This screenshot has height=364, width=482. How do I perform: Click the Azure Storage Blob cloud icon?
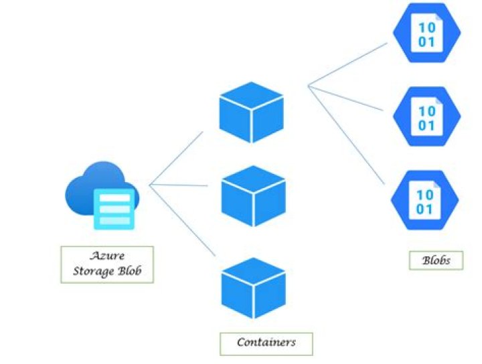coord(100,194)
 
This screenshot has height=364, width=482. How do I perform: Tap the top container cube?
coord(252,112)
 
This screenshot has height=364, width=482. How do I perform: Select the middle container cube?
coord(254,195)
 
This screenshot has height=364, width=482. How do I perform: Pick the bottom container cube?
coord(254,287)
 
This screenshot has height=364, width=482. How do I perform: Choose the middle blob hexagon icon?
coord(426,118)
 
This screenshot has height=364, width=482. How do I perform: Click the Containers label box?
coord(266,343)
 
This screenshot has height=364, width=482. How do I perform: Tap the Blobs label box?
coord(435,260)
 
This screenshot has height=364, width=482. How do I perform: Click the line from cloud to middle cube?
coord(179,185)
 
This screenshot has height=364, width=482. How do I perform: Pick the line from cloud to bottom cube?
coord(182,221)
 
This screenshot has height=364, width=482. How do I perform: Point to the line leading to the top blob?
coord(348,64)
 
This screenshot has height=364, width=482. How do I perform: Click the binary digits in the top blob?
coord(426,35)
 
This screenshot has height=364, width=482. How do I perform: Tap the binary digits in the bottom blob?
coord(425,202)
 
